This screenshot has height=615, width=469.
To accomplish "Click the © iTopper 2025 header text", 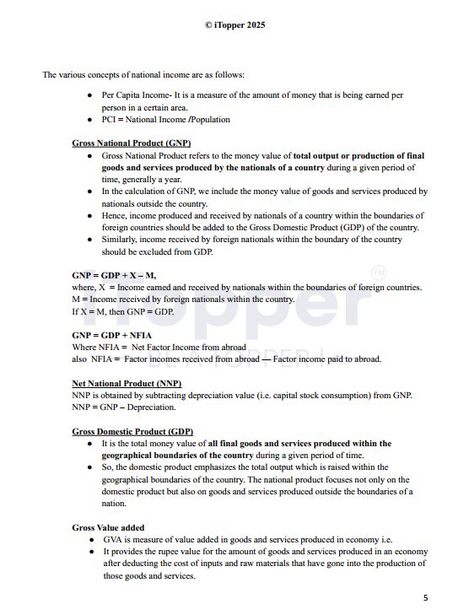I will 234,25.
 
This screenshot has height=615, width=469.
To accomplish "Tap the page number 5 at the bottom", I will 425,598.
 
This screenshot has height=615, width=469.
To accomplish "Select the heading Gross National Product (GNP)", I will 131,143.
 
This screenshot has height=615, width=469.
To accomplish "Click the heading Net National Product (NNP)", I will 127,383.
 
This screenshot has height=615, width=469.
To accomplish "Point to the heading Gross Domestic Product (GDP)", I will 132,431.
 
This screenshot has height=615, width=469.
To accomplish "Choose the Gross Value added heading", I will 108,527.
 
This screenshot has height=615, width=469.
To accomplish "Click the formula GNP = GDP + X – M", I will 114,276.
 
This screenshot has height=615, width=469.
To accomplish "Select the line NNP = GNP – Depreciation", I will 124,407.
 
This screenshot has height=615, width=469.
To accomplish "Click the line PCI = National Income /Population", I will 165,120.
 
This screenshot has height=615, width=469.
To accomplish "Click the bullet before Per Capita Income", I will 90,96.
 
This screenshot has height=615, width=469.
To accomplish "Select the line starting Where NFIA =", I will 159,347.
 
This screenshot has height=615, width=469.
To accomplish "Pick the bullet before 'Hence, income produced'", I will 90,216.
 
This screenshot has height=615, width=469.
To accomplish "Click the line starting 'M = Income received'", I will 183,299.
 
